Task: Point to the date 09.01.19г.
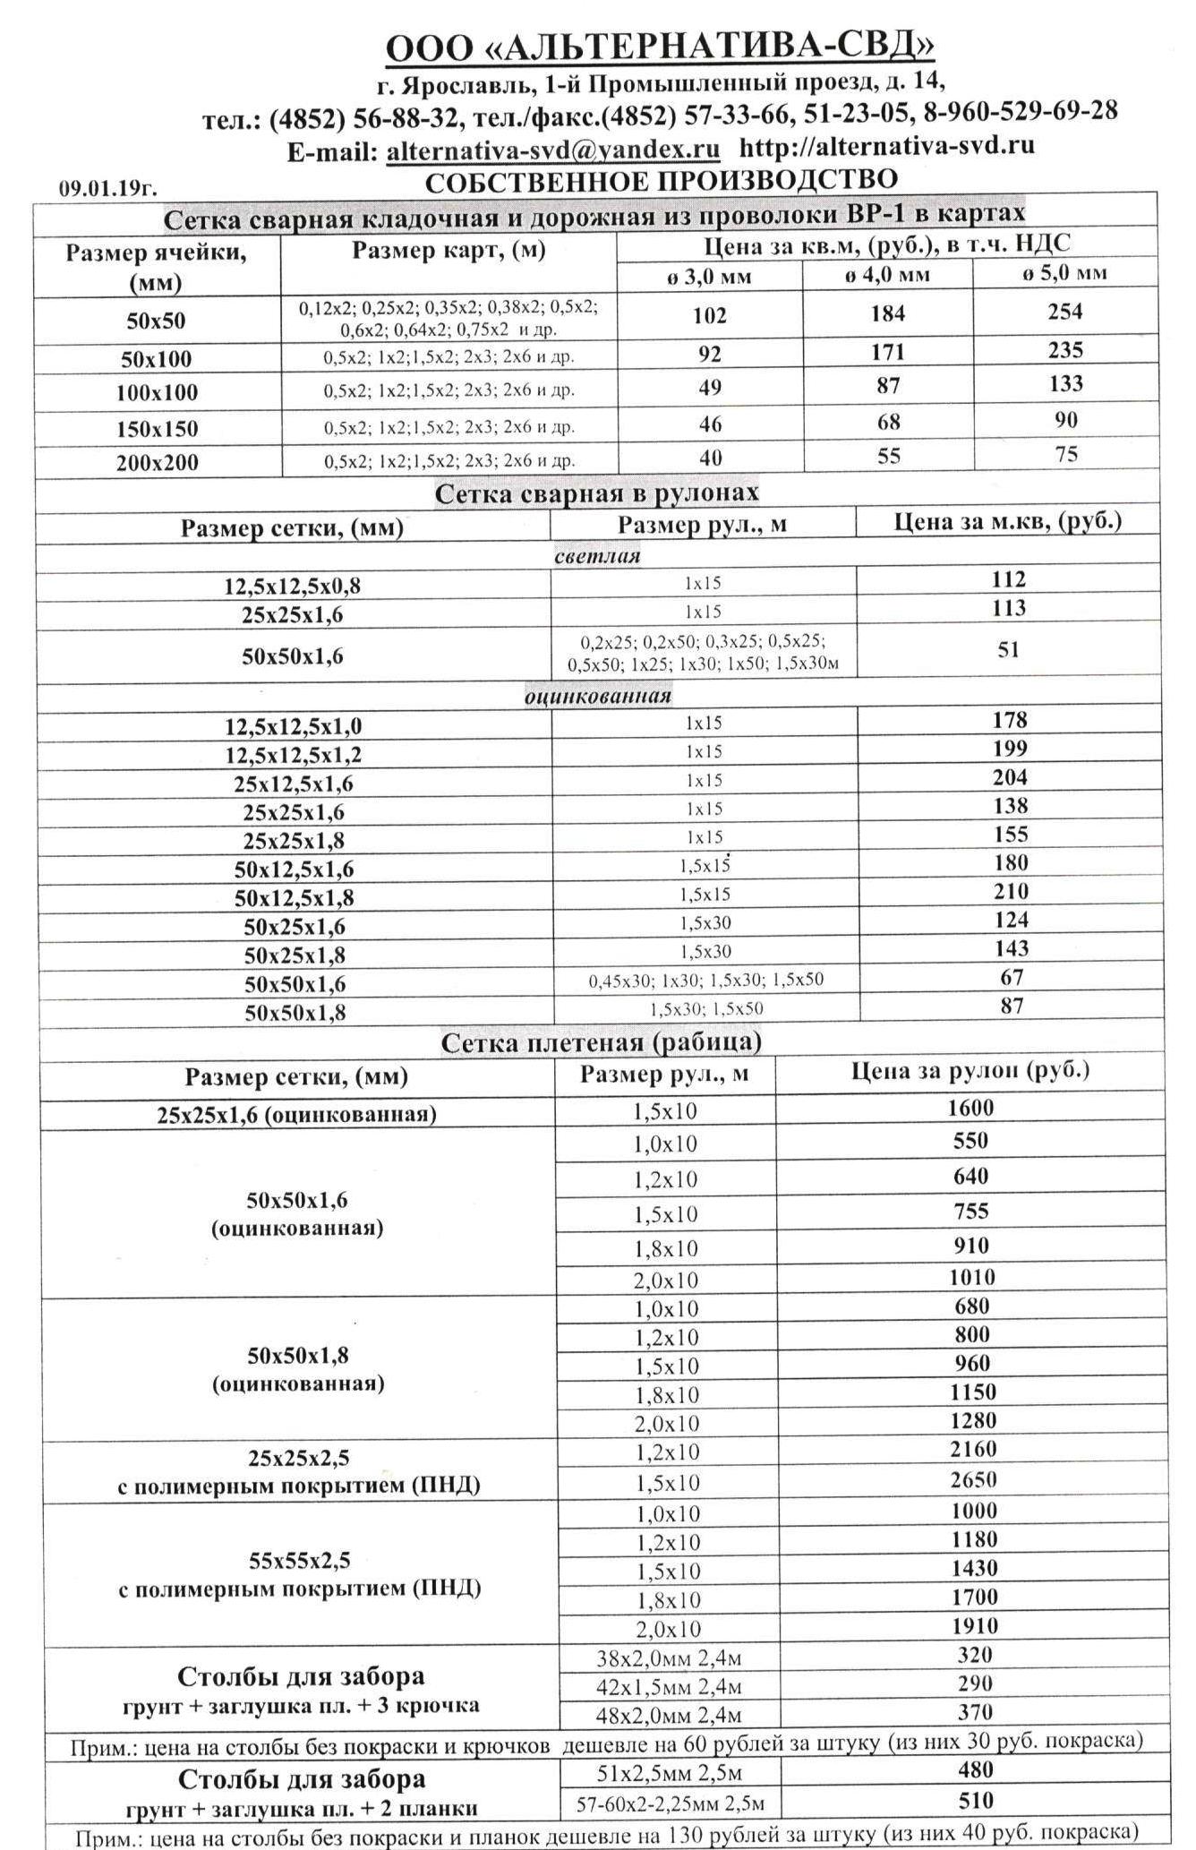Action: click(108, 188)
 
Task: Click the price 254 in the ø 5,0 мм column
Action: click(1064, 312)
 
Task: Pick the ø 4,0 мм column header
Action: click(887, 275)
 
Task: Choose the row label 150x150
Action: click(157, 429)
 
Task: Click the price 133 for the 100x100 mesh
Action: click(1065, 384)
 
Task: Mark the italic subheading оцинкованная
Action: click(598, 696)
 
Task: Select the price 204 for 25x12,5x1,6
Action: click(1009, 777)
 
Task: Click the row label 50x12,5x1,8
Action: click(294, 898)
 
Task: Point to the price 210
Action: click(1010, 892)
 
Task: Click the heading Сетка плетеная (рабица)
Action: click(602, 1042)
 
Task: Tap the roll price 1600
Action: click(970, 1109)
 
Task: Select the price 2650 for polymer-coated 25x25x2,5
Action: click(973, 1480)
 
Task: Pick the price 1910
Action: click(974, 1626)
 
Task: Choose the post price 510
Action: click(976, 1801)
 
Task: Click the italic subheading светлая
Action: click(597, 556)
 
